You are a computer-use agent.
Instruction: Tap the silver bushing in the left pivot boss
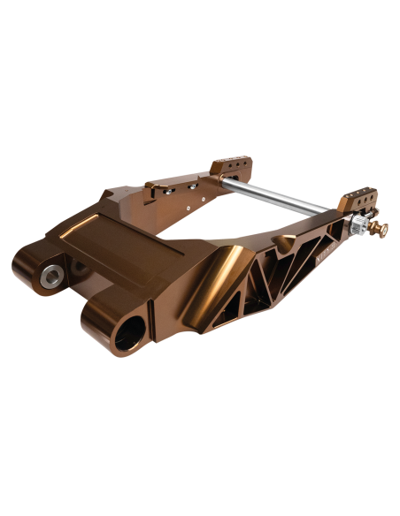pos(50,273)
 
